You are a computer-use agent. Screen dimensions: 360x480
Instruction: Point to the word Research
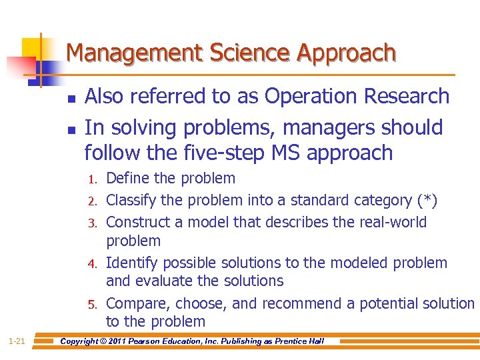[408, 97]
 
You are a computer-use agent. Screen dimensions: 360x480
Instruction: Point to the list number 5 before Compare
[95, 305]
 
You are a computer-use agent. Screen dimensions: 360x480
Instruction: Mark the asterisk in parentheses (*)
[425, 201]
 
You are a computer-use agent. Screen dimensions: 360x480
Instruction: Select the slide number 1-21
[17, 341]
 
